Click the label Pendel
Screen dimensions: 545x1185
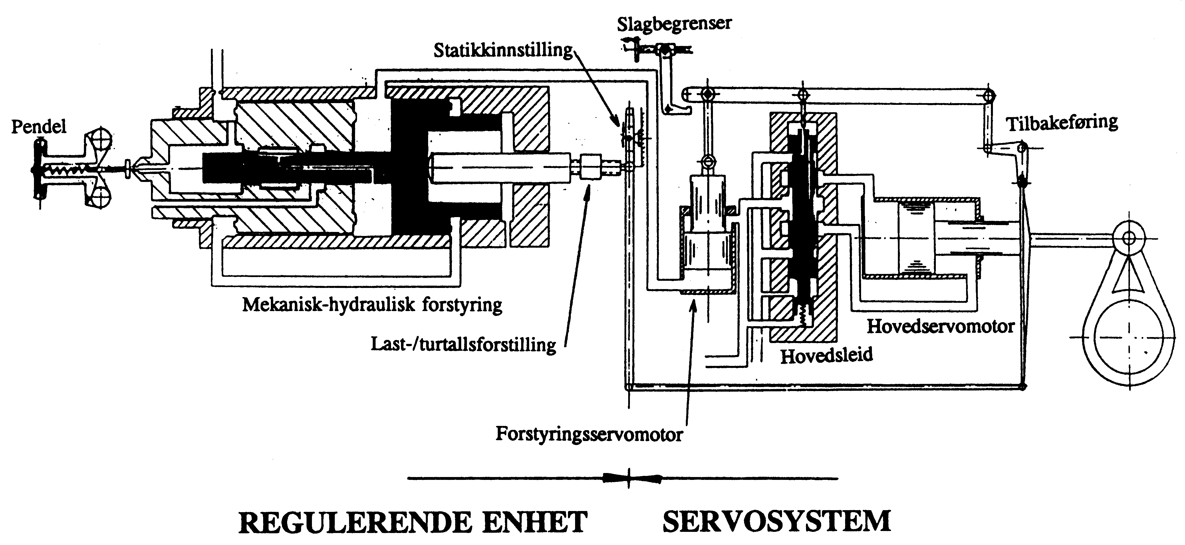[39, 127]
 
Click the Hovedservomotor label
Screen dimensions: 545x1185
[941, 326]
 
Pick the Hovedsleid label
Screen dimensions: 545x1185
[826, 355]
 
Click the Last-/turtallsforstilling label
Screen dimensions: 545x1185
[463, 344]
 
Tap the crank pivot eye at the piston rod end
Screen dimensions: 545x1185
[1128, 238]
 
